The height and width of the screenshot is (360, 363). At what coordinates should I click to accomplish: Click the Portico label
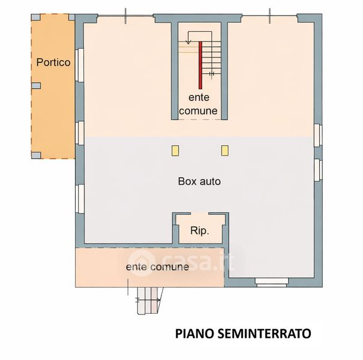(53, 62)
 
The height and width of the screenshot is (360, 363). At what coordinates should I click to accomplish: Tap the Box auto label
(199, 181)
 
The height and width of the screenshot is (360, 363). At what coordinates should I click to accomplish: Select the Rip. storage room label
(200, 231)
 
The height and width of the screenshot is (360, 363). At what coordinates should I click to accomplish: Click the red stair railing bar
(200, 65)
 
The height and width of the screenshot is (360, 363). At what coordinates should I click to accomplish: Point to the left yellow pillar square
(175, 151)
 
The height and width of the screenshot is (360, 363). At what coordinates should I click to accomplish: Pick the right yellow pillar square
(225, 151)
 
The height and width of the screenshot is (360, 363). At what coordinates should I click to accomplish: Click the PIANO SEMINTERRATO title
(243, 334)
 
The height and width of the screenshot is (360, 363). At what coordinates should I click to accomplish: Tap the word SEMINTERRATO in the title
(265, 334)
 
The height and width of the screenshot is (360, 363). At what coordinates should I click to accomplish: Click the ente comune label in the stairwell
(199, 104)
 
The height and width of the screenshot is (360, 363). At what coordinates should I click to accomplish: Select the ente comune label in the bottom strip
(157, 267)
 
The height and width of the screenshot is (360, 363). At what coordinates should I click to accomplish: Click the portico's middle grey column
(36, 86)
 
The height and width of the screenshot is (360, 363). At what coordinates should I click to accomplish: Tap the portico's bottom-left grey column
(36, 155)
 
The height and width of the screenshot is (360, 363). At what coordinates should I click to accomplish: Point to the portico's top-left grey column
(36, 17)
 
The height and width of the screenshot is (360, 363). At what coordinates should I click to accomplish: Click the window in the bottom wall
(272, 283)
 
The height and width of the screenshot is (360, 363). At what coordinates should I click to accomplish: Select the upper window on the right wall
(318, 135)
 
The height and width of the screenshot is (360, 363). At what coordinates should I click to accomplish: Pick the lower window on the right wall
(318, 170)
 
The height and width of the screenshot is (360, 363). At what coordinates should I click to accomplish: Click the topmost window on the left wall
(79, 65)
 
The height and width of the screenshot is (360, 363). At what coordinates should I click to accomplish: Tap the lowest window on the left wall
(79, 199)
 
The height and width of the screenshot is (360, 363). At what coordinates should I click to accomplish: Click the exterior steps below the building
(148, 301)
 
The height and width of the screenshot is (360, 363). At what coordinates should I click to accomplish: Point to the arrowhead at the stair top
(188, 42)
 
